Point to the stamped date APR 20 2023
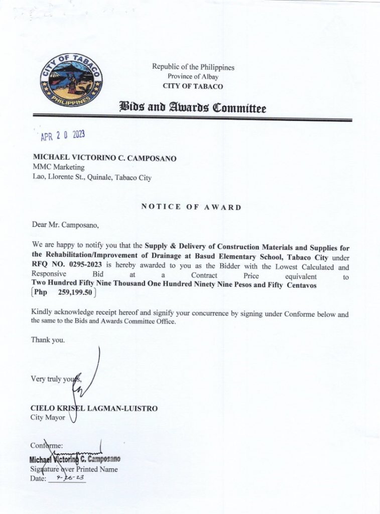tap(63, 136)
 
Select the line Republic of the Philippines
tap(193, 67)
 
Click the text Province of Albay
tap(193, 76)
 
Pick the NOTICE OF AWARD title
tap(191, 207)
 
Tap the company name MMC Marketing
tap(59, 167)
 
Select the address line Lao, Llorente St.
tap(92, 177)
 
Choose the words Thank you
tap(48, 340)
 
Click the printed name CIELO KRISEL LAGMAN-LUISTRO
tap(94, 409)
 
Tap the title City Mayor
tap(48, 418)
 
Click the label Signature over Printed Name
tap(74, 469)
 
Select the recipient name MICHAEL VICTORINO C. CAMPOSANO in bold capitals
tap(104, 158)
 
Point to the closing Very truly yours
tap(55, 379)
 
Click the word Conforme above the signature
tap(47, 445)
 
